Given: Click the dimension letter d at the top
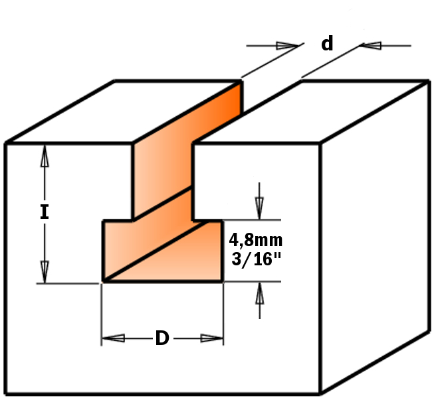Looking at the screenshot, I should [x=327, y=44].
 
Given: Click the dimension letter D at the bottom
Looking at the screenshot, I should [x=162, y=339].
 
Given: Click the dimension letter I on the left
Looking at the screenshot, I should [x=45, y=212].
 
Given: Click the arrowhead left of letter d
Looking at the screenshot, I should [x=287, y=46].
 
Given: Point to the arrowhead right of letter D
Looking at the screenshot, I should [x=211, y=338].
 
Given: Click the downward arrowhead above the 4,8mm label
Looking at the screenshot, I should [x=259, y=208].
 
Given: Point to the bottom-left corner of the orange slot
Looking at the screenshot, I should [x=102, y=281].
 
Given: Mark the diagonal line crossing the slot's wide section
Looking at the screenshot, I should [x=162, y=251].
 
